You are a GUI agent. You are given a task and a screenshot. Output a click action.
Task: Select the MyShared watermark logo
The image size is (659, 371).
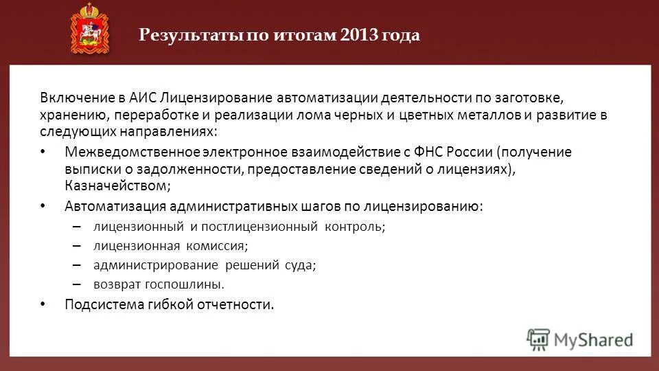[580, 339]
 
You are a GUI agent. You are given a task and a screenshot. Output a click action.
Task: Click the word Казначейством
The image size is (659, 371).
[115, 185]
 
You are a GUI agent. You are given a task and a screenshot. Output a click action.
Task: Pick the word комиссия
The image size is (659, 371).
[216, 245]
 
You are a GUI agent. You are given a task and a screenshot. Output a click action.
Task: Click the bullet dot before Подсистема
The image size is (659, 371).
[43, 304]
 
